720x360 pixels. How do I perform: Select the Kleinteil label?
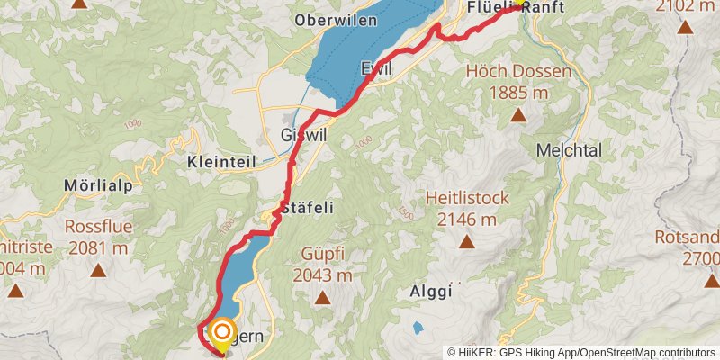point(221,163)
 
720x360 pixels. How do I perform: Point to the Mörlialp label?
point(98,185)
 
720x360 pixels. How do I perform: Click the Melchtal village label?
point(568,151)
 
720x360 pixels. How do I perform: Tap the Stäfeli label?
point(307,208)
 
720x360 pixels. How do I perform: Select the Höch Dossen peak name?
point(517,71)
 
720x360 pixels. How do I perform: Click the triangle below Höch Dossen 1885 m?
point(518,115)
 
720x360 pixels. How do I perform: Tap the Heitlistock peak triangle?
point(467,241)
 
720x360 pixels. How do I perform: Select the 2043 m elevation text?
point(323,276)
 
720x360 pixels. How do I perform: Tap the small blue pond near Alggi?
point(417,328)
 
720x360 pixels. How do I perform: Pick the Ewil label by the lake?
point(377,69)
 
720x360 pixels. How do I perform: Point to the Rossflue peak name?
point(97,227)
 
